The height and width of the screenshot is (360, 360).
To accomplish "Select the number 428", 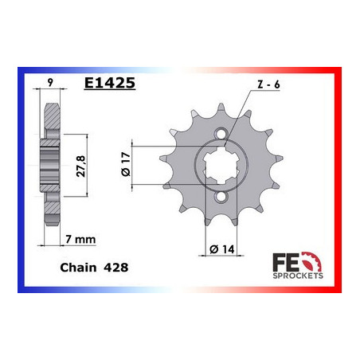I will pos(117,270).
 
